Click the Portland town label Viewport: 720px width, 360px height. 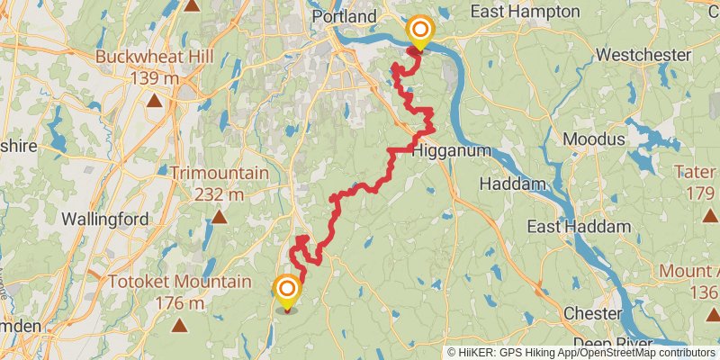[x=344, y=16]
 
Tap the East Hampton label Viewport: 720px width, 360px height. [x=535, y=11]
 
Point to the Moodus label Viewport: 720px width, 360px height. [x=593, y=139]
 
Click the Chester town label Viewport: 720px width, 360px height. [x=591, y=313]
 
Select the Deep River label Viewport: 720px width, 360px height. [x=595, y=343]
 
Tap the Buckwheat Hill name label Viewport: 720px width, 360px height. [x=156, y=57]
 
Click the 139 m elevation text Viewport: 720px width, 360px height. [x=156, y=78]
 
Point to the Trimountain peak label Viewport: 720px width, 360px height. [x=220, y=172]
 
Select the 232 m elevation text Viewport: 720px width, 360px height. [x=220, y=193]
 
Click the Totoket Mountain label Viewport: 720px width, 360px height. [x=179, y=282]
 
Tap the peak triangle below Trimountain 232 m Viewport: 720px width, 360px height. [x=220, y=216]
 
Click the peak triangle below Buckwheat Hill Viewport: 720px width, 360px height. [x=156, y=100]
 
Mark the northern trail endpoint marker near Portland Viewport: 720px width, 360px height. [x=419, y=31]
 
